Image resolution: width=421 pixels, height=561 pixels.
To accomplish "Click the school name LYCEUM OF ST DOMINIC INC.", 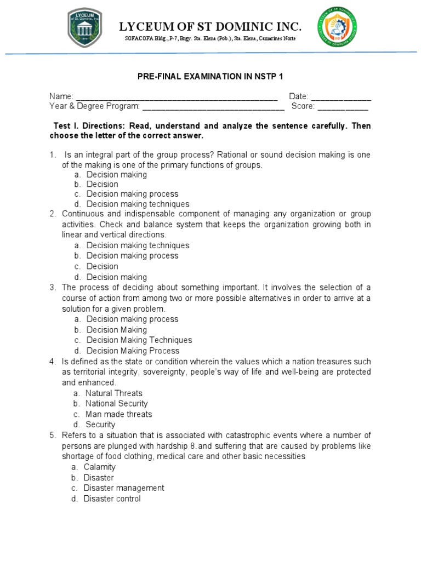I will pos(210,26).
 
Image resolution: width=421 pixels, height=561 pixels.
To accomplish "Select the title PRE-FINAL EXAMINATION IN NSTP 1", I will pos(210,77).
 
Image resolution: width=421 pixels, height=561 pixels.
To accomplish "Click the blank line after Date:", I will pos(341,97).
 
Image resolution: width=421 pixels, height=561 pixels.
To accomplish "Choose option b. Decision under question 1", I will pos(102,185).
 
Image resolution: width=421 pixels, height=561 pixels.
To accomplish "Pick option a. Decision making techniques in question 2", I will pos(137,245).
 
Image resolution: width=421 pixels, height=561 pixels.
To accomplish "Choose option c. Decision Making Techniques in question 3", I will pos(139,340).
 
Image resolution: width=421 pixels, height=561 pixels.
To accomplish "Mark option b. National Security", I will pos(116,404).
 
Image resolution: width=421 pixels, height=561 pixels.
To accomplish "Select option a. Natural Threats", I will pos(113,393).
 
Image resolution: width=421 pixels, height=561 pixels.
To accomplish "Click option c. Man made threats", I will pos(118,414).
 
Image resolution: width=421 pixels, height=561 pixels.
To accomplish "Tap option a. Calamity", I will pos(99,467).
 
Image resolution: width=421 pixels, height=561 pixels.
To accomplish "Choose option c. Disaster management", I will pos(123,488).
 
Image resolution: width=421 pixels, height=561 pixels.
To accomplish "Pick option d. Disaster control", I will pos(112,499).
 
